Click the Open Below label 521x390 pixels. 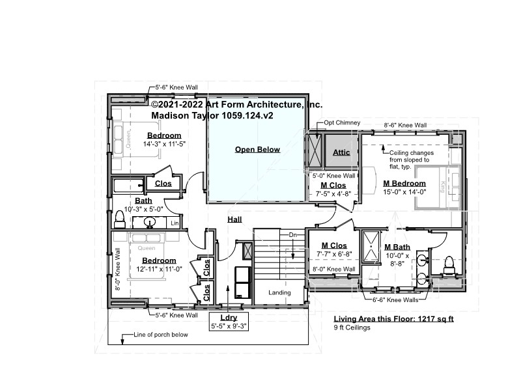tap(257, 150)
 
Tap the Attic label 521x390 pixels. tap(341, 152)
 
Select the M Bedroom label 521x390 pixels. tap(404, 184)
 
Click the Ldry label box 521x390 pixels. tap(229, 322)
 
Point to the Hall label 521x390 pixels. tap(234, 219)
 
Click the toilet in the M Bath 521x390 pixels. tap(449, 265)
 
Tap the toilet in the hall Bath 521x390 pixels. tap(119, 219)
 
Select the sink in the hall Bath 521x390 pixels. tap(150, 222)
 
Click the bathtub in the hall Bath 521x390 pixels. tap(128, 186)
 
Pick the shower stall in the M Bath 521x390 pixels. tap(371, 247)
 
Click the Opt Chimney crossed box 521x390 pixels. tap(314, 150)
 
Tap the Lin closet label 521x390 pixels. tap(175, 223)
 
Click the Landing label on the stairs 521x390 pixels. tap(279, 292)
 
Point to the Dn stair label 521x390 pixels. tap(292, 235)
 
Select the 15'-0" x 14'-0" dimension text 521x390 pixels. tap(404, 192)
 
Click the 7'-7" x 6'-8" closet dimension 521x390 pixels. tap(334, 254)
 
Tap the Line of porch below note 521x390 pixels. tap(161, 335)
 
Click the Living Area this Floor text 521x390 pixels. tap(394, 319)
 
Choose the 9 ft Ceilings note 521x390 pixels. tap(352, 327)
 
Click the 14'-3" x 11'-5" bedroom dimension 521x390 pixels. tap(164, 144)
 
